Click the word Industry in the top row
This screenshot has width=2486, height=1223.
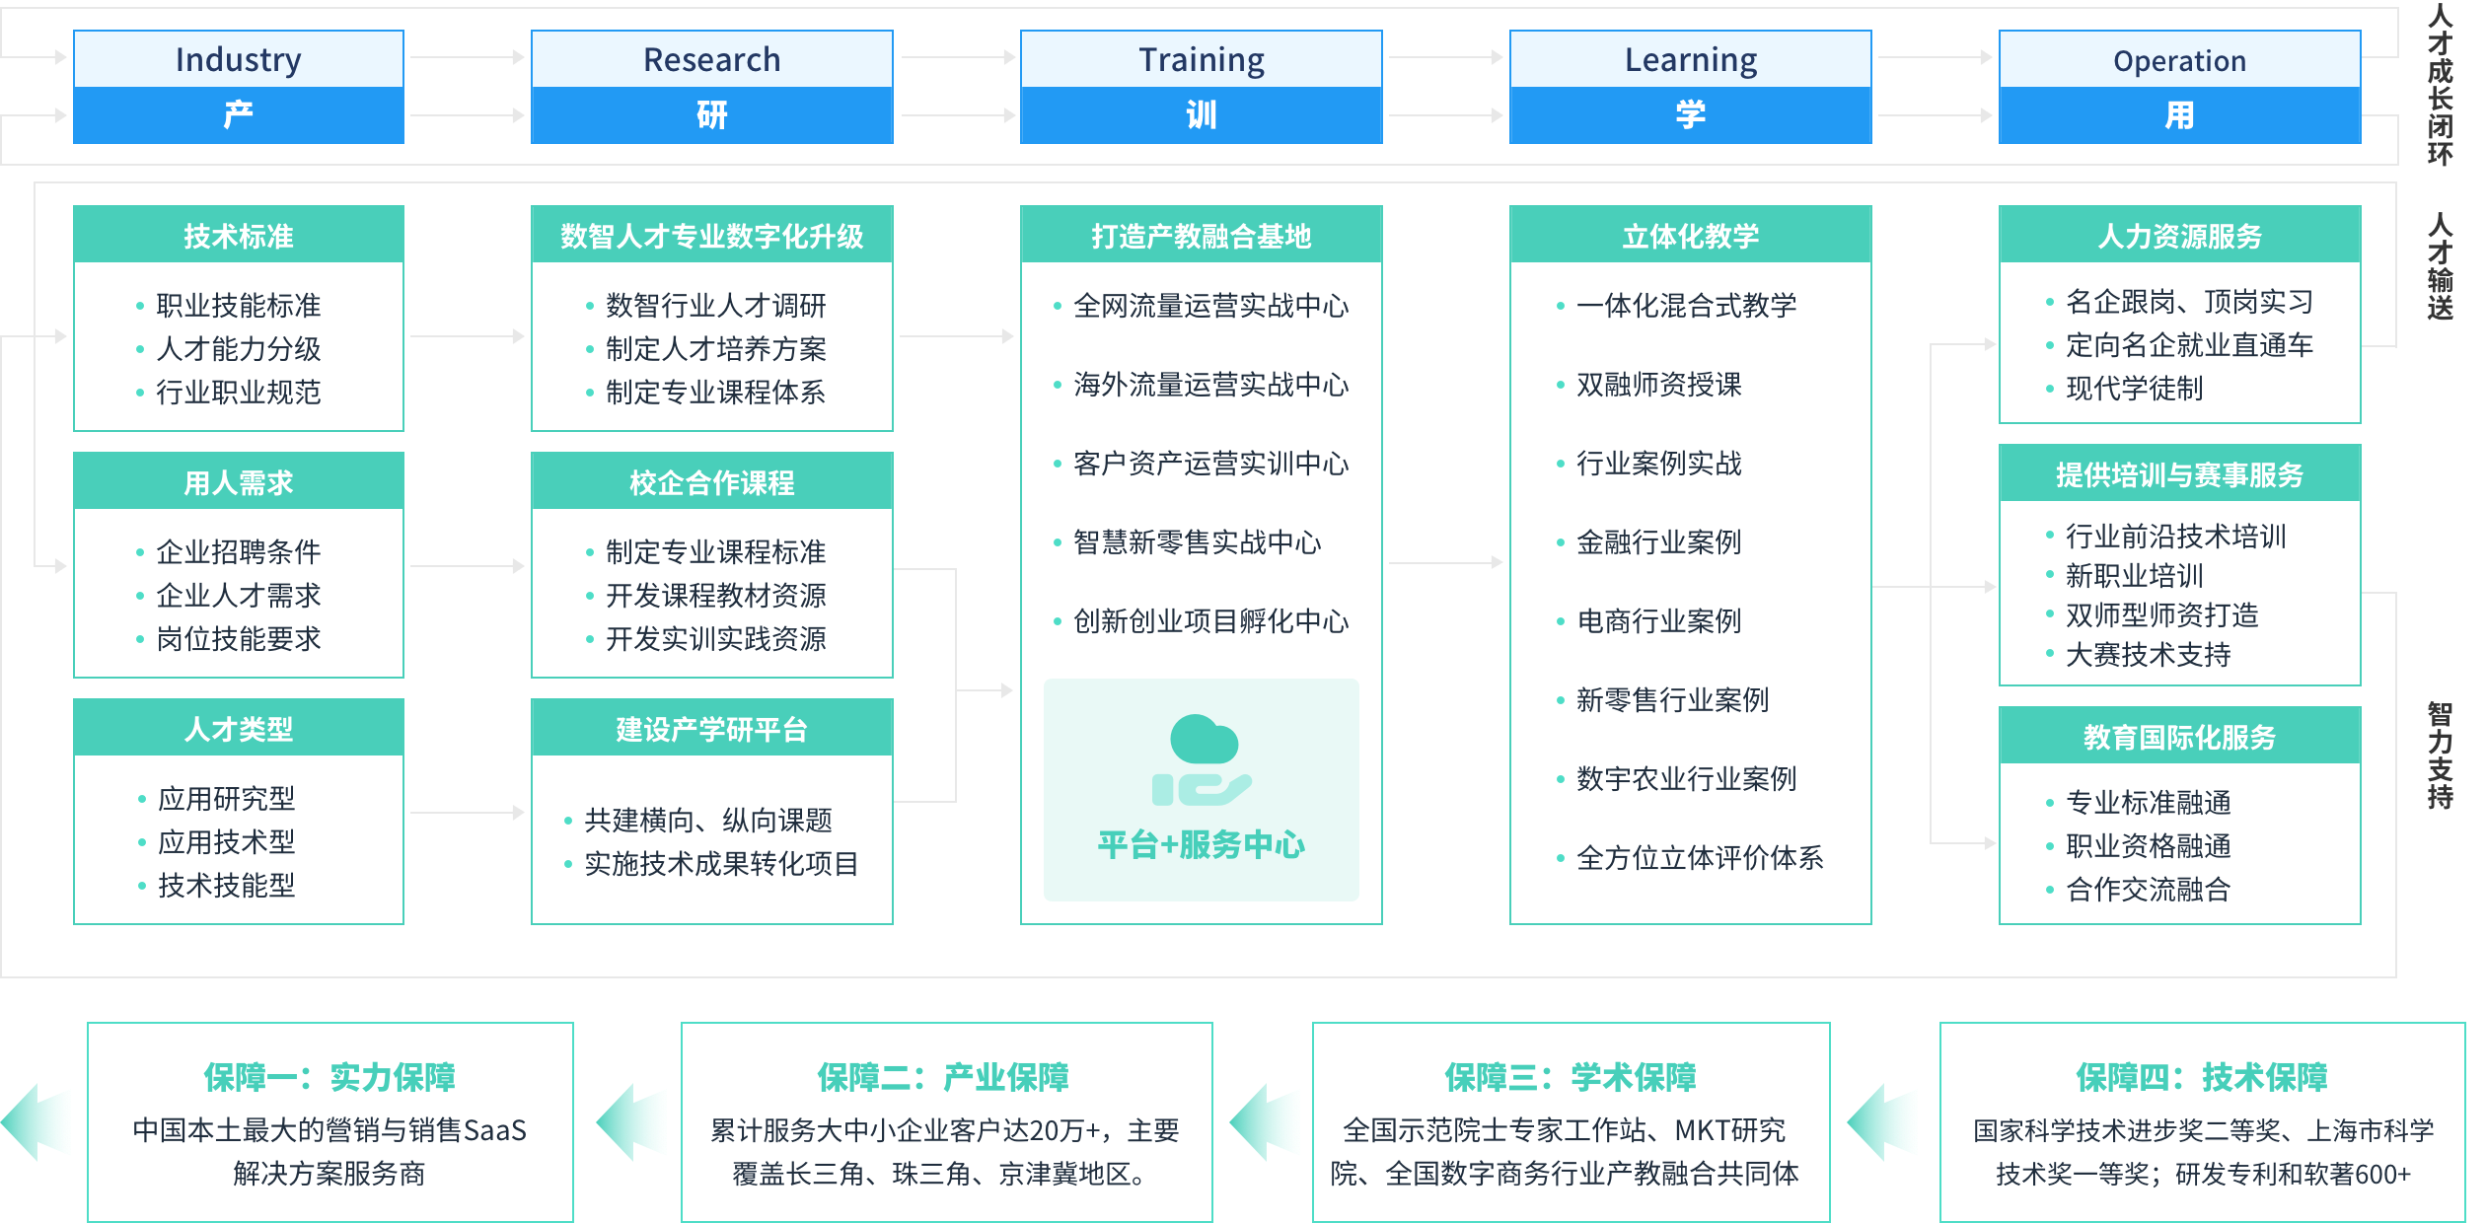[x=238, y=60]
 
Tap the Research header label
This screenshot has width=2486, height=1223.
[x=711, y=60]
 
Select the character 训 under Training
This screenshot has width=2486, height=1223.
[x=1201, y=115]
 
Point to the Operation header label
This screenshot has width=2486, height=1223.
[x=2179, y=61]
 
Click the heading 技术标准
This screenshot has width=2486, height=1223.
[x=239, y=236]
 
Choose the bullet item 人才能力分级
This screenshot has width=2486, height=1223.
[x=239, y=349]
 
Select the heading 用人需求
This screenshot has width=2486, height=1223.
[x=239, y=482]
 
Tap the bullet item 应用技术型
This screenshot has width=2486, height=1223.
[x=227, y=842]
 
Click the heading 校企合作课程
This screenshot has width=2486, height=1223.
[x=711, y=482]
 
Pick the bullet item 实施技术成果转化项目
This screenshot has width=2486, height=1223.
[x=721, y=864]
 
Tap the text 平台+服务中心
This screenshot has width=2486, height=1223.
[x=1202, y=845]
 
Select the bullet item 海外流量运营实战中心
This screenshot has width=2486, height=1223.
[x=1210, y=385]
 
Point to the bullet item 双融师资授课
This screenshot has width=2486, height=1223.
[x=1659, y=385]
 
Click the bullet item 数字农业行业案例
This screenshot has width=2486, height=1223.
[x=1687, y=779]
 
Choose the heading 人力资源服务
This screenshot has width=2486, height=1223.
[x=2179, y=236]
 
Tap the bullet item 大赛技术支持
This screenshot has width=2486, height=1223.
[x=2149, y=655]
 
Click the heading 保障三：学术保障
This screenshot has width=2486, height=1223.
[x=1571, y=1077]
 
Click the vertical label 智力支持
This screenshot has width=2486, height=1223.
[x=2440, y=755]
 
